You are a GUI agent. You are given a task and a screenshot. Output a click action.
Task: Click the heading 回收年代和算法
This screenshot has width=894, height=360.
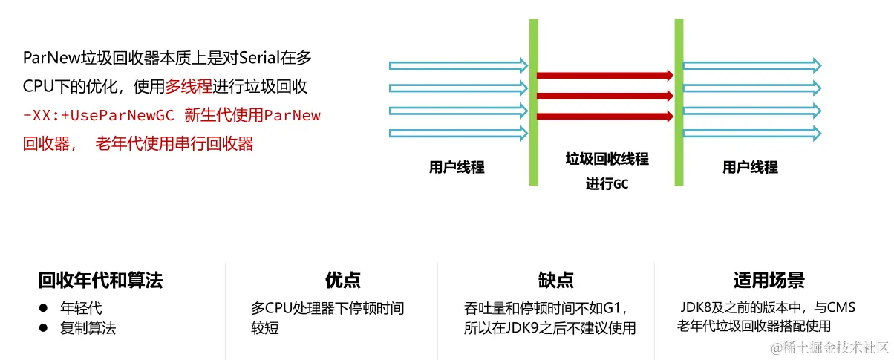coord(100,280)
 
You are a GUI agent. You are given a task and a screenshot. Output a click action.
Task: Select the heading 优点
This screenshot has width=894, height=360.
coord(343,280)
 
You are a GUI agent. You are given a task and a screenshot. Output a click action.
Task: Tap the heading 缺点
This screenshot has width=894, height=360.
coord(555,280)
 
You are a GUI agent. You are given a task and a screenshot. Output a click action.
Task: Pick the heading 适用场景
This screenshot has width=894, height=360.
coord(769,280)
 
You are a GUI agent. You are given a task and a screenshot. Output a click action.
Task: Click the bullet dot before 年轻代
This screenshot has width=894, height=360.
coord(44,307)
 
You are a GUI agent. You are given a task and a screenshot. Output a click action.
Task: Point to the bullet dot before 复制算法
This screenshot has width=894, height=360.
coord(44,327)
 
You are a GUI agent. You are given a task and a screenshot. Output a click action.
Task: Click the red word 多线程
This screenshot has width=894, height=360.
coord(189,87)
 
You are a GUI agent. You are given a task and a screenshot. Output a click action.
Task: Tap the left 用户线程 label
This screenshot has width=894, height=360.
coord(456,168)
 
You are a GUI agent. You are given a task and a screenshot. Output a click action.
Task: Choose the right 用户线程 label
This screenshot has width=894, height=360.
coord(750,168)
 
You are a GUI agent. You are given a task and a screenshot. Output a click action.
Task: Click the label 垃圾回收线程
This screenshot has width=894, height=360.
coord(607,160)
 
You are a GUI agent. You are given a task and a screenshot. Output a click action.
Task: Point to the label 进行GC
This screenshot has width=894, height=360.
coord(607,184)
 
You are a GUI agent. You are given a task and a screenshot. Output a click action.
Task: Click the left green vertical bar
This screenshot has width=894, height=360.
coord(533,102)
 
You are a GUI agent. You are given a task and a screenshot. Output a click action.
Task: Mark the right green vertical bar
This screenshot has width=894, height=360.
coord(678,102)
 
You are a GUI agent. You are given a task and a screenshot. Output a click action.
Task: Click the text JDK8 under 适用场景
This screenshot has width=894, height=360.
coord(696,307)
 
